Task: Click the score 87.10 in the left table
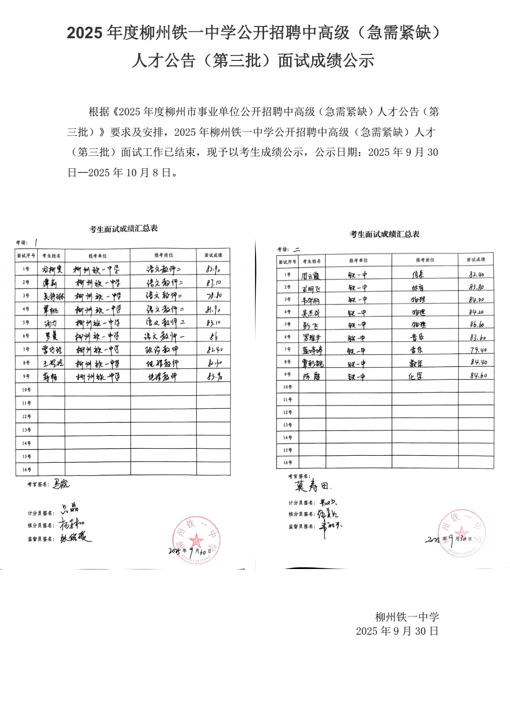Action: point(214,282)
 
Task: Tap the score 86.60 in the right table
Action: point(477,325)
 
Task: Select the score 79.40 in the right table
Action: point(477,350)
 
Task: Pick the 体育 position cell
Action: point(417,287)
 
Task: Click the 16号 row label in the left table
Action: point(26,470)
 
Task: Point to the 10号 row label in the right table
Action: point(287,387)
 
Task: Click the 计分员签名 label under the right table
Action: point(301,503)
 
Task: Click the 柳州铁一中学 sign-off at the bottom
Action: point(407,616)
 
